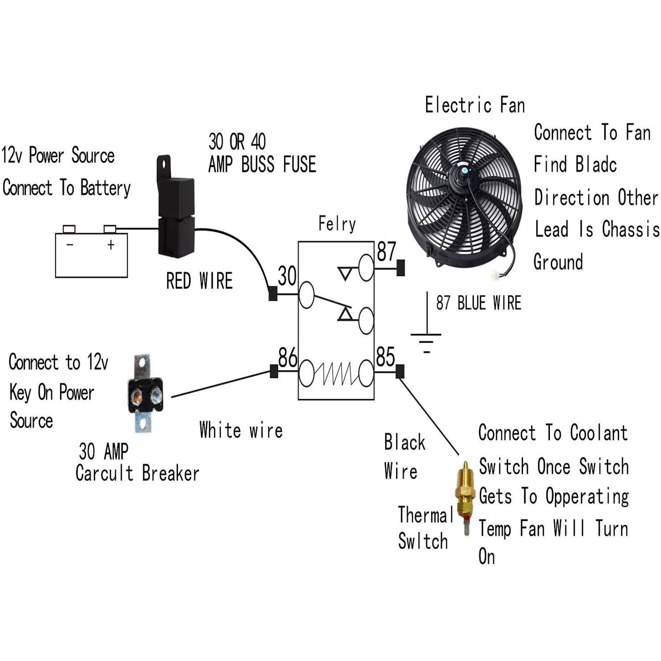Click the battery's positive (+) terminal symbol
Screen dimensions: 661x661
pos(111,245)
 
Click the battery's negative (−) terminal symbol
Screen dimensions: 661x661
pos(70,245)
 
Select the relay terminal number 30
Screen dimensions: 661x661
pos(287,276)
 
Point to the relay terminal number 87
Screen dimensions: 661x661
pos(386,252)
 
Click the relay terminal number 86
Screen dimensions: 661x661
pos(288,357)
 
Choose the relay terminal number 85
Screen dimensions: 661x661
pos(386,357)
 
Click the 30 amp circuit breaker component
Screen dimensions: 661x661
pos(144,394)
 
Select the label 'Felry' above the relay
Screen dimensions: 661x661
pos(337,224)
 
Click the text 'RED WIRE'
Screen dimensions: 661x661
pos(199,281)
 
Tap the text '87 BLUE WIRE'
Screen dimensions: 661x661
pos(479,303)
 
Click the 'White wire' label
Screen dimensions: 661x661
pos(241,430)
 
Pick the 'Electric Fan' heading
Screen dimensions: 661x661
pos(475,105)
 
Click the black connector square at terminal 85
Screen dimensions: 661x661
pos(400,371)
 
